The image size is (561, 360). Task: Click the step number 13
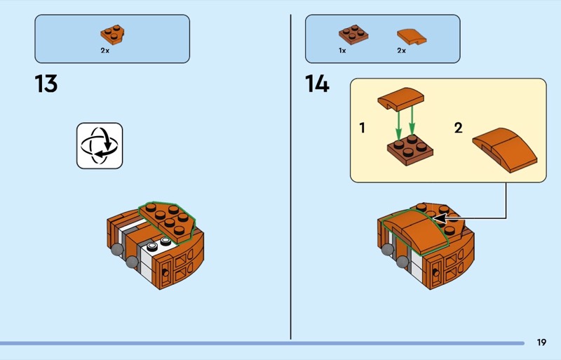point(46,84)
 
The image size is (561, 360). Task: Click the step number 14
point(317,84)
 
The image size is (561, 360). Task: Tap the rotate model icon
point(100,145)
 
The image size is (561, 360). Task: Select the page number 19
point(541,342)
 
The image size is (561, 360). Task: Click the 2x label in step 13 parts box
point(104,51)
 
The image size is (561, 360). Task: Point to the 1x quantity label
point(342,51)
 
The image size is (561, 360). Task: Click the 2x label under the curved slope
point(401,51)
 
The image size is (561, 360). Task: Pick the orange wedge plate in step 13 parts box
point(112,35)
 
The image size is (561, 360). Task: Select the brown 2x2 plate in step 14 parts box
point(353,34)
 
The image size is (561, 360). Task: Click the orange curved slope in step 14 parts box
point(412,36)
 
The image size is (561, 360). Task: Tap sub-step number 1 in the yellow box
point(362,128)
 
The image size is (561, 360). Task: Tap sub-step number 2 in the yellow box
point(459,128)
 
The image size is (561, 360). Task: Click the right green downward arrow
point(412,121)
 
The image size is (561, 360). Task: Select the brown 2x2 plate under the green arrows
point(410,149)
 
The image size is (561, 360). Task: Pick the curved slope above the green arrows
point(400,98)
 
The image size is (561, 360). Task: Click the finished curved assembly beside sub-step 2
point(505,149)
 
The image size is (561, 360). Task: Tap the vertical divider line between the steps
point(290,177)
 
